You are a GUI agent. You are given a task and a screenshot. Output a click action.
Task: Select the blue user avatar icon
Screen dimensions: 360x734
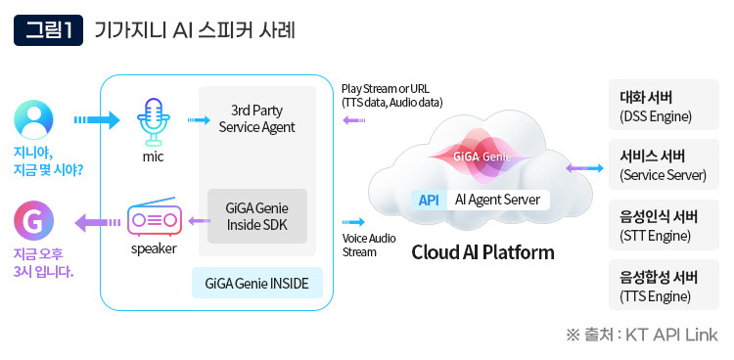34,120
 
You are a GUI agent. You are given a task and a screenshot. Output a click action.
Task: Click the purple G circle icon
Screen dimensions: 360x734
34,221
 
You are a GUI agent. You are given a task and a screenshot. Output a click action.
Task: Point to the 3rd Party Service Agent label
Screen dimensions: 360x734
256,117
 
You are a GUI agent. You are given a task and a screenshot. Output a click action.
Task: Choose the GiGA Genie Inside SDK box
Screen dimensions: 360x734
257,216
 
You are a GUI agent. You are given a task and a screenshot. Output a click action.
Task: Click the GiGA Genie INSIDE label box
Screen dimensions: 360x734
256,284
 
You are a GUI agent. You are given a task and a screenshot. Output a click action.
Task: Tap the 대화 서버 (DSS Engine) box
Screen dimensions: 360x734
664,107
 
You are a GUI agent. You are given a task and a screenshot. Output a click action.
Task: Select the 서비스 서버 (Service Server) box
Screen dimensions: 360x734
664,166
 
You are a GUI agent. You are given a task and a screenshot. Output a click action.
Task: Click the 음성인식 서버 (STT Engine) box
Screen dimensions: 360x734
664,226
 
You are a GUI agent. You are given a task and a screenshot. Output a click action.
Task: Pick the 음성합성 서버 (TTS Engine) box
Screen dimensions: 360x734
664,286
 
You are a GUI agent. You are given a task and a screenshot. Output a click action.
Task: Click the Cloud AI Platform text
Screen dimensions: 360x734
482,252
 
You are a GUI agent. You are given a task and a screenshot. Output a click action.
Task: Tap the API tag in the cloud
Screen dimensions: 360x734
429,200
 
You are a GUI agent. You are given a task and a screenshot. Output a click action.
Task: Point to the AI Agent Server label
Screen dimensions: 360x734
497,200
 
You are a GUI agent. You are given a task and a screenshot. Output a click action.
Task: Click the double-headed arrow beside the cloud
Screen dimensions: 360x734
584,168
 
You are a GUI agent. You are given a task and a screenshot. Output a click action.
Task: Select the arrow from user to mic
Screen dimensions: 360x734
95,121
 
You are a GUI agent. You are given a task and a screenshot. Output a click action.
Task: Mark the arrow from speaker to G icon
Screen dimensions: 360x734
95,222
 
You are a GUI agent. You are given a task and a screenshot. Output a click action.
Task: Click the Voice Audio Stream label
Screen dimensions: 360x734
369,244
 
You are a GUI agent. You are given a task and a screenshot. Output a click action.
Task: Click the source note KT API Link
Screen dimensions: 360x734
642,336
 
